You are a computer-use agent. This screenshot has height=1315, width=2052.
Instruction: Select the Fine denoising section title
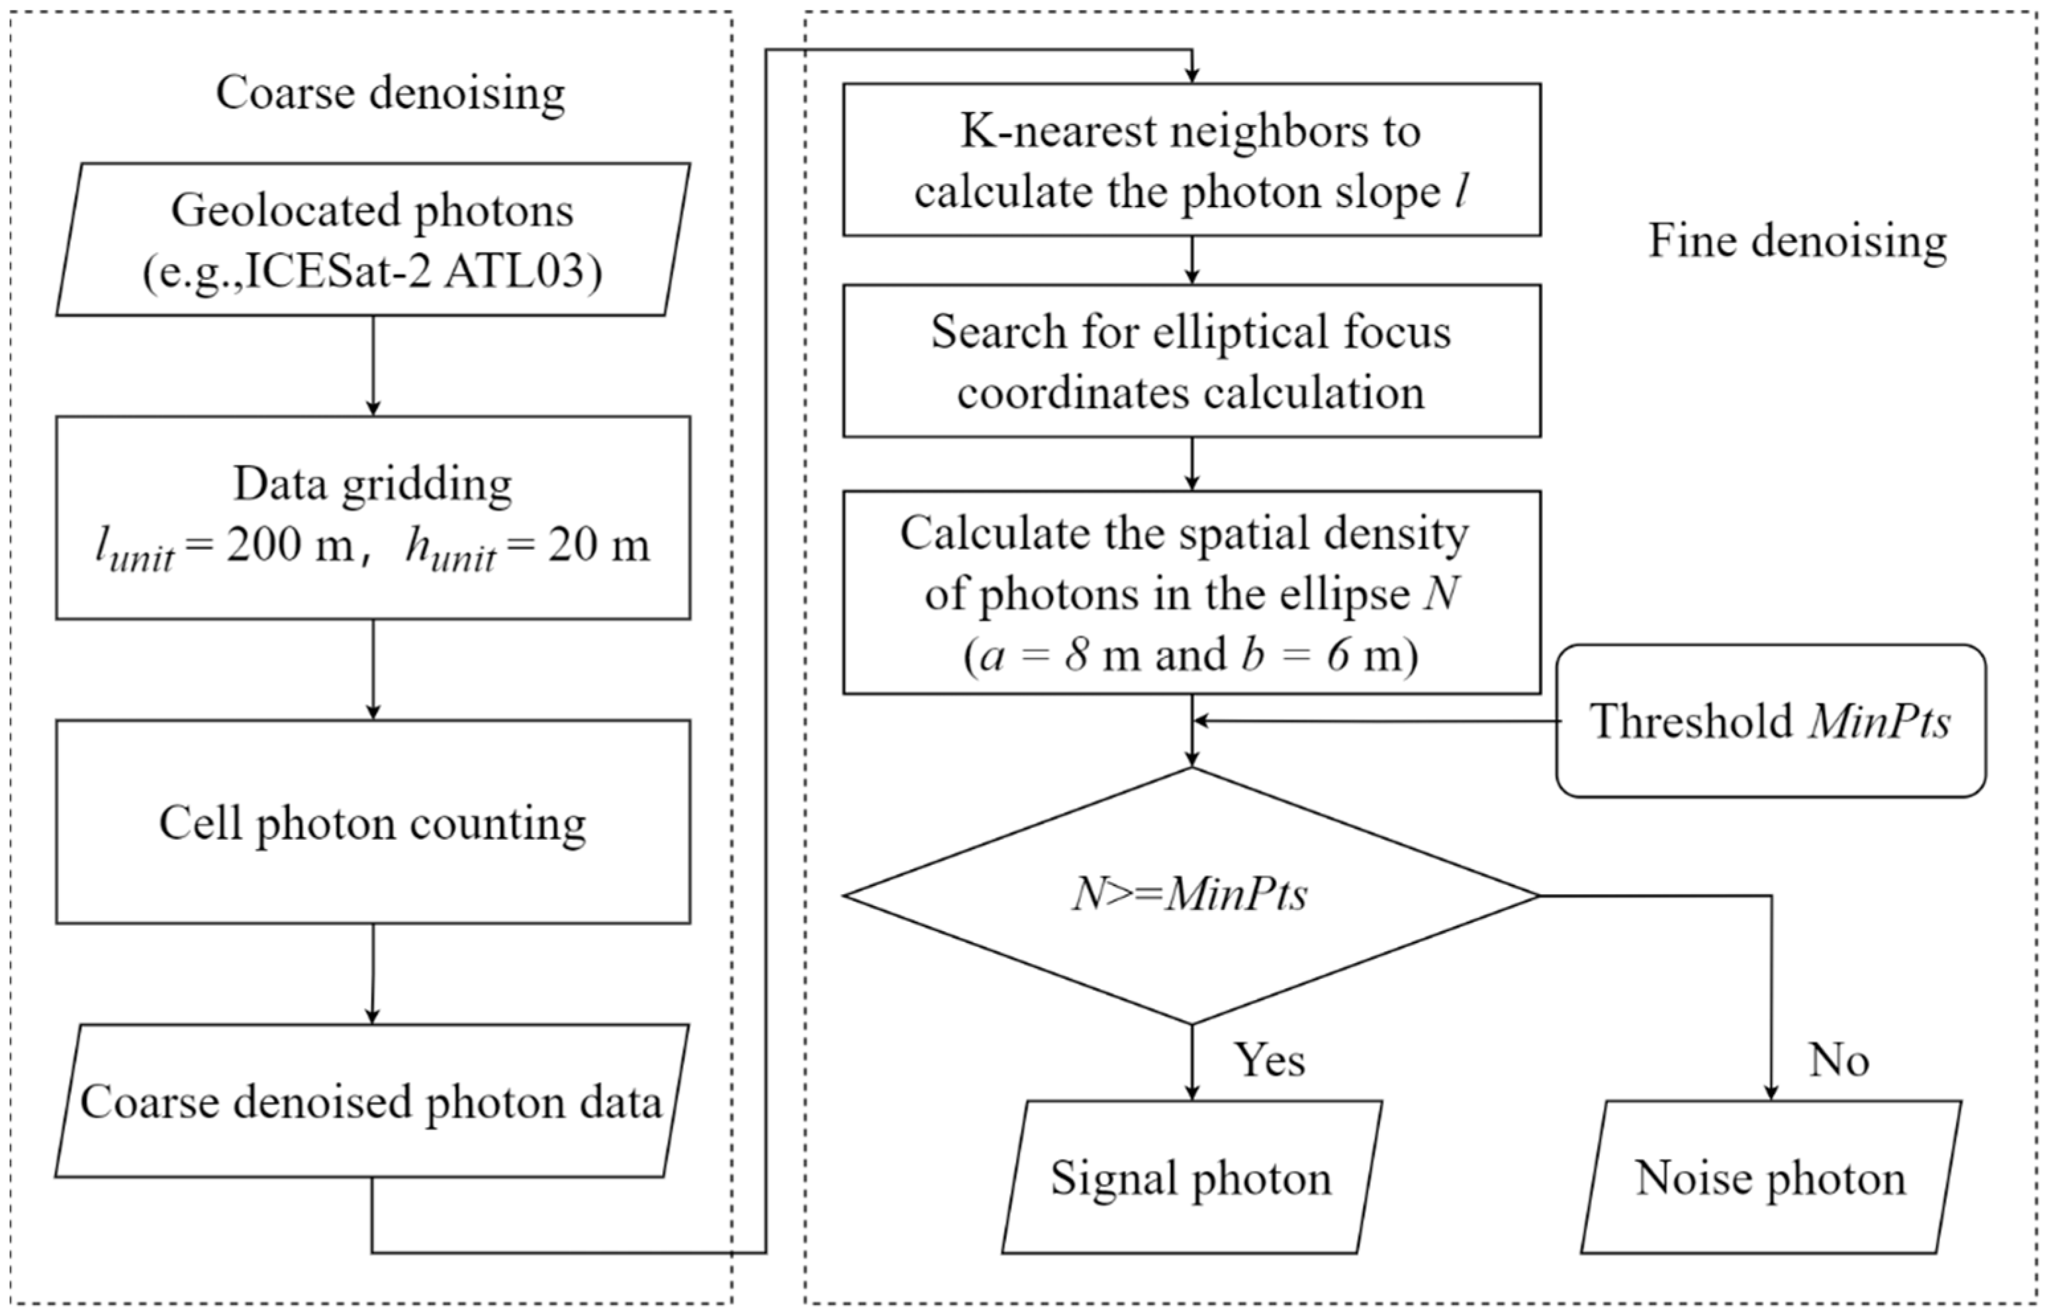click(x=1796, y=242)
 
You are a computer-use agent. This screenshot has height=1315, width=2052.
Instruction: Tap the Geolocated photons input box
click(x=372, y=240)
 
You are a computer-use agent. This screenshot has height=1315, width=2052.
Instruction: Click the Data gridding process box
click(x=372, y=518)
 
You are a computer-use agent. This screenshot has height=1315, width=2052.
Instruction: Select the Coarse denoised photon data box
click(x=372, y=1101)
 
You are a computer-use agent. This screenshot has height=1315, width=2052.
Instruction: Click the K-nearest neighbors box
click(x=1191, y=159)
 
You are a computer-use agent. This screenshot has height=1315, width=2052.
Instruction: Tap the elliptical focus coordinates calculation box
click(x=1191, y=361)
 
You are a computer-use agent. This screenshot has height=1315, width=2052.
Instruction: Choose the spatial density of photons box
click(x=1191, y=592)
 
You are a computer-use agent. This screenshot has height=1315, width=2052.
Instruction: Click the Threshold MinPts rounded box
click(x=1770, y=721)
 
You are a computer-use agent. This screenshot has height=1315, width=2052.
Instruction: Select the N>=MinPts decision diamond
click(x=1191, y=895)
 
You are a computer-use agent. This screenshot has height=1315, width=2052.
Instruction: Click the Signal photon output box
click(x=1191, y=1177)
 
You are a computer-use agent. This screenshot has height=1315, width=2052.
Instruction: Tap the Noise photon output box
click(x=1770, y=1177)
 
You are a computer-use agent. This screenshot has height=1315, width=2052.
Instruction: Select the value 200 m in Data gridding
click(x=289, y=545)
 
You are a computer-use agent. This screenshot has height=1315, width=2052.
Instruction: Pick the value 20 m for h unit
click(x=598, y=545)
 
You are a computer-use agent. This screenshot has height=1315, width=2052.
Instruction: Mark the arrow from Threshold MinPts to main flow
click(x=1375, y=721)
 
